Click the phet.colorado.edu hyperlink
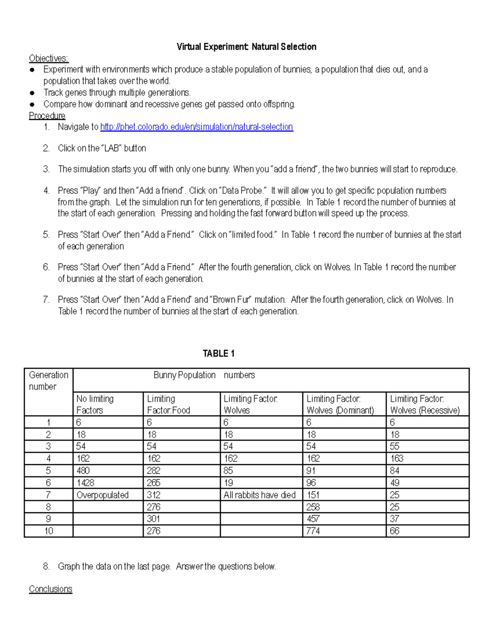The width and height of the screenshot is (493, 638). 196,127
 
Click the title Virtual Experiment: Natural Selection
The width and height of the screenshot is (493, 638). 246,47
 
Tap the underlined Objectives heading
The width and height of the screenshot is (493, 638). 48,58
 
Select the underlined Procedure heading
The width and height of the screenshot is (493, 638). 47,116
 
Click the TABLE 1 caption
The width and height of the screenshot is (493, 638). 219,354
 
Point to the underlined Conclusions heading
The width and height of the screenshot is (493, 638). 51,589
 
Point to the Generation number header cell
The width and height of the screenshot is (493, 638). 48,381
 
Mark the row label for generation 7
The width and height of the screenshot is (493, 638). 48,495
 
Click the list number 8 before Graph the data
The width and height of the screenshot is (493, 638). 46,567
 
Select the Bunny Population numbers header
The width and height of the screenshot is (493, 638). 204,375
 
